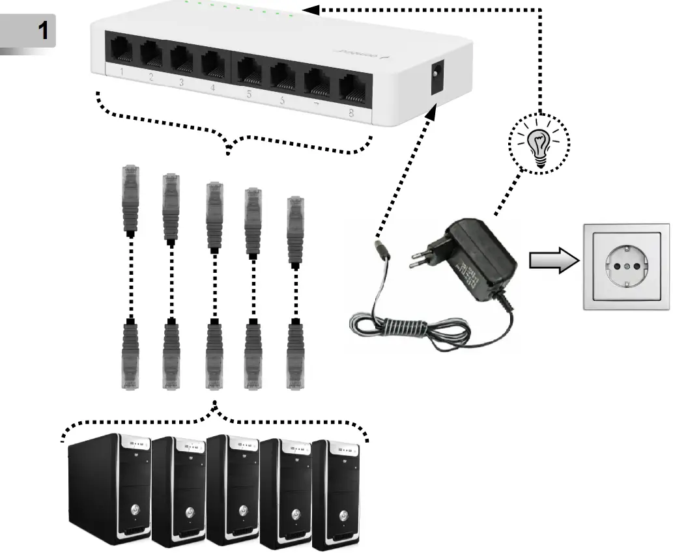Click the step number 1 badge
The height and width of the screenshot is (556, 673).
coord(29,31)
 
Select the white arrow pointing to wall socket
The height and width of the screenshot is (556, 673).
coord(553,260)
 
